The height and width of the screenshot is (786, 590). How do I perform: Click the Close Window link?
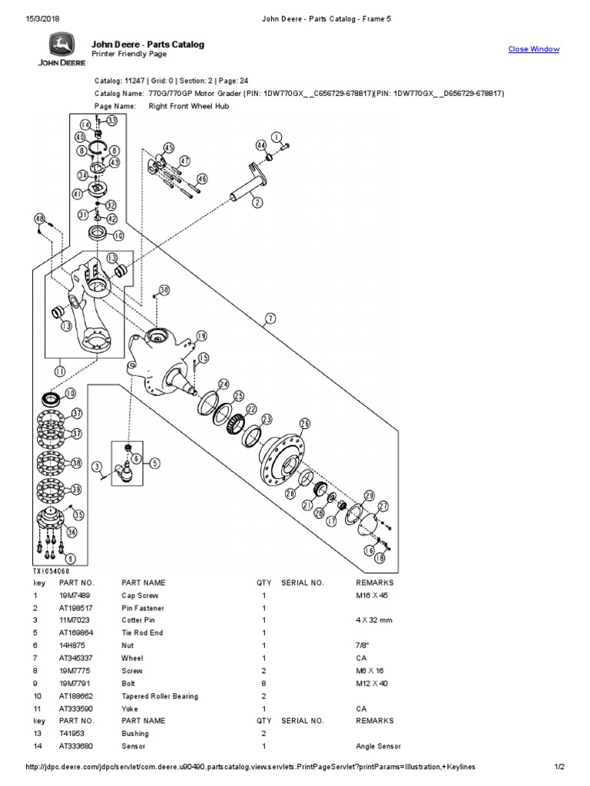point(534,49)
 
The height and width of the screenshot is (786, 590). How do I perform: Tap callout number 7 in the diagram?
point(270,318)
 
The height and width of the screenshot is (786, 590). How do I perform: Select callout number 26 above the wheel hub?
point(304,424)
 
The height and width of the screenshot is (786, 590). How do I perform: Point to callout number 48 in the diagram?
point(40,219)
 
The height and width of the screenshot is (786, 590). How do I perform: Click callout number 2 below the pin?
point(257,203)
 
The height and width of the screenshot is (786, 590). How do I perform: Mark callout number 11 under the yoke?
point(59,370)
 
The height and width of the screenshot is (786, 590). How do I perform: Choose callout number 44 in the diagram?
point(261,145)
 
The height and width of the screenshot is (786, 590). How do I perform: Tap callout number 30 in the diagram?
point(164,289)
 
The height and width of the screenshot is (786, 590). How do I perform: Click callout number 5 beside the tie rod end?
point(154,463)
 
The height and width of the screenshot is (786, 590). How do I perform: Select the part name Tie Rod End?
point(141,632)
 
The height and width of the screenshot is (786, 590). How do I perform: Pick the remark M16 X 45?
point(373,595)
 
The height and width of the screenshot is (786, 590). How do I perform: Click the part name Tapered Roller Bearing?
point(159,696)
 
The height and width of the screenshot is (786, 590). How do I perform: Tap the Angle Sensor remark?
point(378,746)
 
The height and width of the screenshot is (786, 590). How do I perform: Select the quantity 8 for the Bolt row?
point(264,683)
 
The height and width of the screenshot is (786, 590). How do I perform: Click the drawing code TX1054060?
point(50,572)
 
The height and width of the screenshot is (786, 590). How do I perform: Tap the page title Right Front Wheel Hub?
point(188,106)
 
